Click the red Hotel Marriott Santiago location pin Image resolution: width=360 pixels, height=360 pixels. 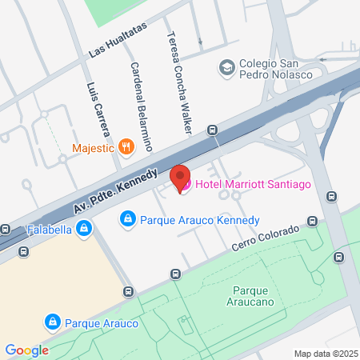click(180, 176)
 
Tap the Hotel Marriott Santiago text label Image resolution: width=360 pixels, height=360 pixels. click(240, 186)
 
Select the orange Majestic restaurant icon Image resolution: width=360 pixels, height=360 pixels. click(126, 147)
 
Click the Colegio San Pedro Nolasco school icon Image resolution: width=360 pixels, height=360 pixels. click(226, 66)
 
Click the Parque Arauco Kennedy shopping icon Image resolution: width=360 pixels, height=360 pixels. click(126, 218)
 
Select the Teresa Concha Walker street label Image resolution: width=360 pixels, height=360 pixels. click(178, 82)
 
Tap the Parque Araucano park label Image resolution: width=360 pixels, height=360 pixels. click(254, 295)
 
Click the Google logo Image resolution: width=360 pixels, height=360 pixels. click(26, 350)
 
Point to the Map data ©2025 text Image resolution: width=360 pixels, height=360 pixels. click(323, 353)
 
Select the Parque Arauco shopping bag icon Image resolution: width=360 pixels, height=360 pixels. click(52, 322)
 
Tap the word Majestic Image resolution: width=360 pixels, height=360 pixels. click(94, 147)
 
